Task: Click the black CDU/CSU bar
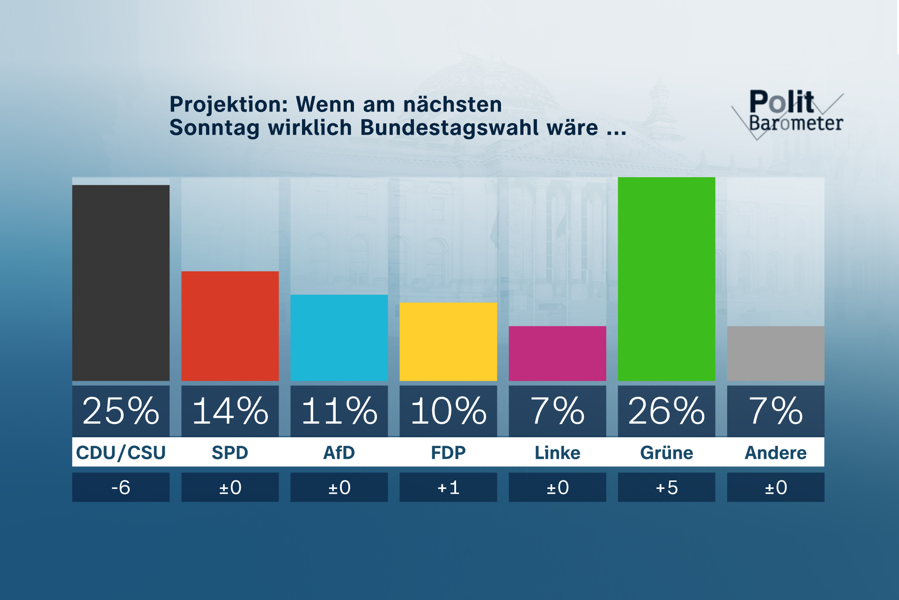pos(121,283)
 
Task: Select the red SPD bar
pos(230,326)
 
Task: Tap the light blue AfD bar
pos(339,337)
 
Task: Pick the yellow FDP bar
pos(448,341)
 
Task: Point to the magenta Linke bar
pos(557,353)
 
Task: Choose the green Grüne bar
pos(666,279)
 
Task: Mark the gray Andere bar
pos(775,353)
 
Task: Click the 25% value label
pos(121,411)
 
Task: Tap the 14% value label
pos(230,411)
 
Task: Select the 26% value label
pos(666,411)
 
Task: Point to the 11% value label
pos(339,411)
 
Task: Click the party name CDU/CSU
pos(121,453)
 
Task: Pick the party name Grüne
pos(666,453)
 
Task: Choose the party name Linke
pos(557,453)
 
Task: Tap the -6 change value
pos(121,487)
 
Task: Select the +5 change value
pos(666,487)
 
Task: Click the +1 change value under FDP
pos(448,487)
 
